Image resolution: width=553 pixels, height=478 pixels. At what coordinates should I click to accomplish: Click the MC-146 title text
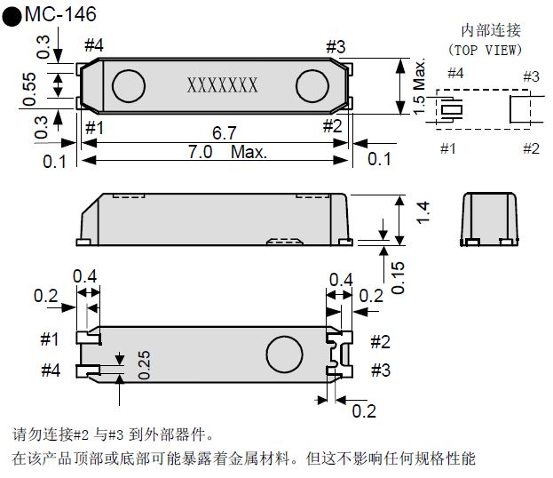click(x=60, y=15)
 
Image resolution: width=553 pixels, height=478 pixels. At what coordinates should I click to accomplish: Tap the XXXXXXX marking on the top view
click(x=222, y=85)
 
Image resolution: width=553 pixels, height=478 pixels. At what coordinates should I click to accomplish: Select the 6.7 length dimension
click(x=224, y=132)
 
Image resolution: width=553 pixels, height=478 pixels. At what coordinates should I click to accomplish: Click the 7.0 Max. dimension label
click(x=226, y=152)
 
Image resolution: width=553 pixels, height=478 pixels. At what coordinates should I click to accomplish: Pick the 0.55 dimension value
click(x=28, y=86)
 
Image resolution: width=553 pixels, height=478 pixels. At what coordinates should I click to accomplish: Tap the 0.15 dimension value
click(x=399, y=275)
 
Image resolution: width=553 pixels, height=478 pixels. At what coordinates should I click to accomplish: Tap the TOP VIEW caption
click(x=486, y=50)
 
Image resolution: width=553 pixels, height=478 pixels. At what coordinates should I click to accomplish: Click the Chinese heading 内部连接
click(x=487, y=31)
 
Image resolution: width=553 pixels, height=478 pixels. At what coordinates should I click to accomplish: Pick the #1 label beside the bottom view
click(x=50, y=339)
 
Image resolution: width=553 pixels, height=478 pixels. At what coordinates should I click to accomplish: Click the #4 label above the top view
click(x=93, y=46)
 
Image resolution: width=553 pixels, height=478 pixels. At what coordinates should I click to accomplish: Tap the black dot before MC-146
click(x=12, y=17)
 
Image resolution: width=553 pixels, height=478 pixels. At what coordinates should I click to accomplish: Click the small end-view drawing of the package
click(x=491, y=218)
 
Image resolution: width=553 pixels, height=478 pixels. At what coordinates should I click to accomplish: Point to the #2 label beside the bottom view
click(x=380, y=341)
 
